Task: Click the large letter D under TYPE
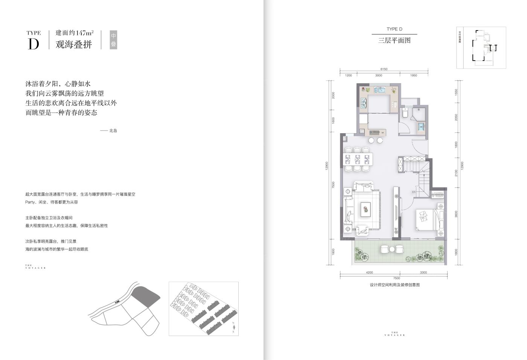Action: click(33, 44)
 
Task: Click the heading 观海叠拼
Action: click(74, 44)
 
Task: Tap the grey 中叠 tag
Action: click(113, 39)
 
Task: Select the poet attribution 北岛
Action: click(113, 131)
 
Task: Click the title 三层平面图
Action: click(394, 40)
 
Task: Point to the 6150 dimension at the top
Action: click(384, 69)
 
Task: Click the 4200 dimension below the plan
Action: click(369, 272)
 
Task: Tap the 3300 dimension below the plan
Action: click(423, 272)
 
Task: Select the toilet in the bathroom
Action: click(405, 112)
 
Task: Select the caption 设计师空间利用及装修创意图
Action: click(394, 285)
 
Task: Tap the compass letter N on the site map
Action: click(233, 323)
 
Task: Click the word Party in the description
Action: click(30, 202)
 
